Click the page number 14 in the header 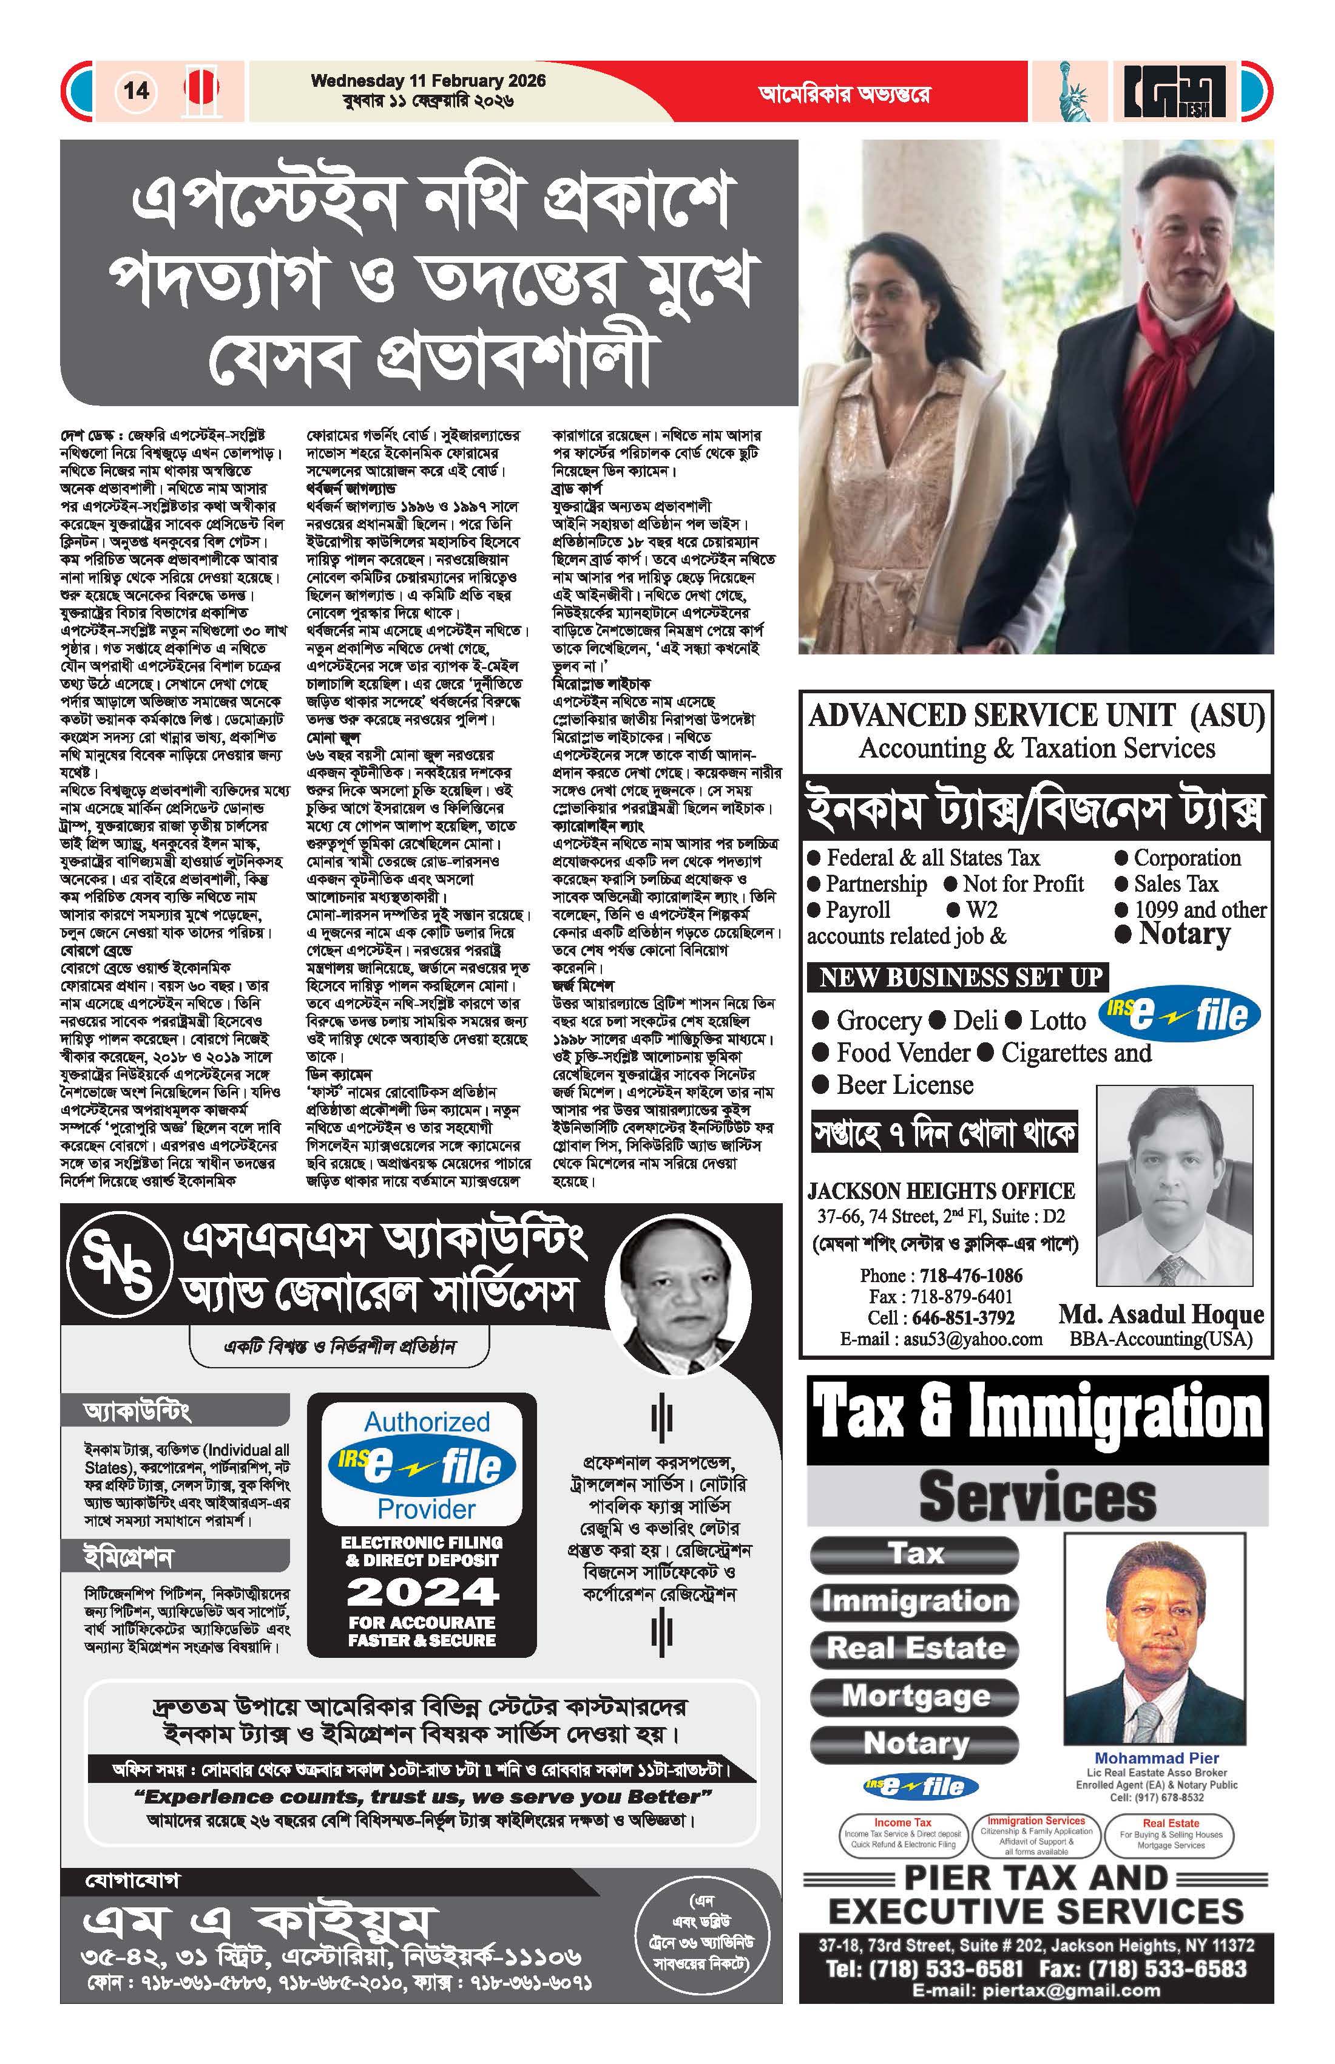[x=136, y=91]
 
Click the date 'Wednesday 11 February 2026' [x=428, y=81]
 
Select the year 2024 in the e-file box [x=422, y=1591]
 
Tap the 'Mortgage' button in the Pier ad [x=916, y=1696]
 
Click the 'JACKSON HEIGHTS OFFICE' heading [x=941, y=1190]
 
